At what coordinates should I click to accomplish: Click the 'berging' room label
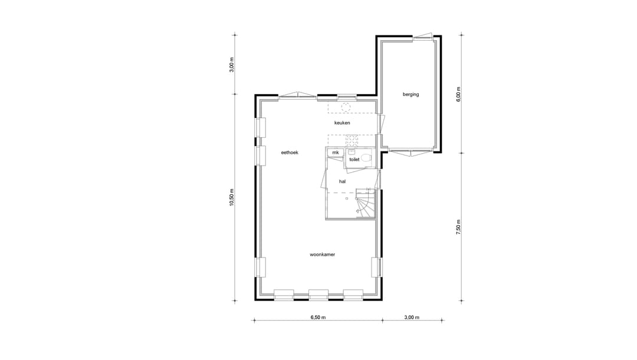411,94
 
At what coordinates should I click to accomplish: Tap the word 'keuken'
342,123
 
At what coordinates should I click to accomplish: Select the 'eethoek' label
290,153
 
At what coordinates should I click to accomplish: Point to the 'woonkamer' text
323,255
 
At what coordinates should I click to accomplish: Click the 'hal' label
342,182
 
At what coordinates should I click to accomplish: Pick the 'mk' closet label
336,153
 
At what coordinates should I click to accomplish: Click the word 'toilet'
354,160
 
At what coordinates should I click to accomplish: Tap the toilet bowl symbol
366,157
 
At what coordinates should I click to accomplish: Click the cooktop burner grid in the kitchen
352,139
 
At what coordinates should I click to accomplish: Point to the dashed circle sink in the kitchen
347,107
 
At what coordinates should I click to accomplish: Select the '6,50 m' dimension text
318,318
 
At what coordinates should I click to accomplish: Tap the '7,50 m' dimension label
458,227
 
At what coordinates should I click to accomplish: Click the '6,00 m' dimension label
458,94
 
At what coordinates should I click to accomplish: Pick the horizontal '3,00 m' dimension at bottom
412,318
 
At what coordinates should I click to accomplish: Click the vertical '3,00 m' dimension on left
232,64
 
